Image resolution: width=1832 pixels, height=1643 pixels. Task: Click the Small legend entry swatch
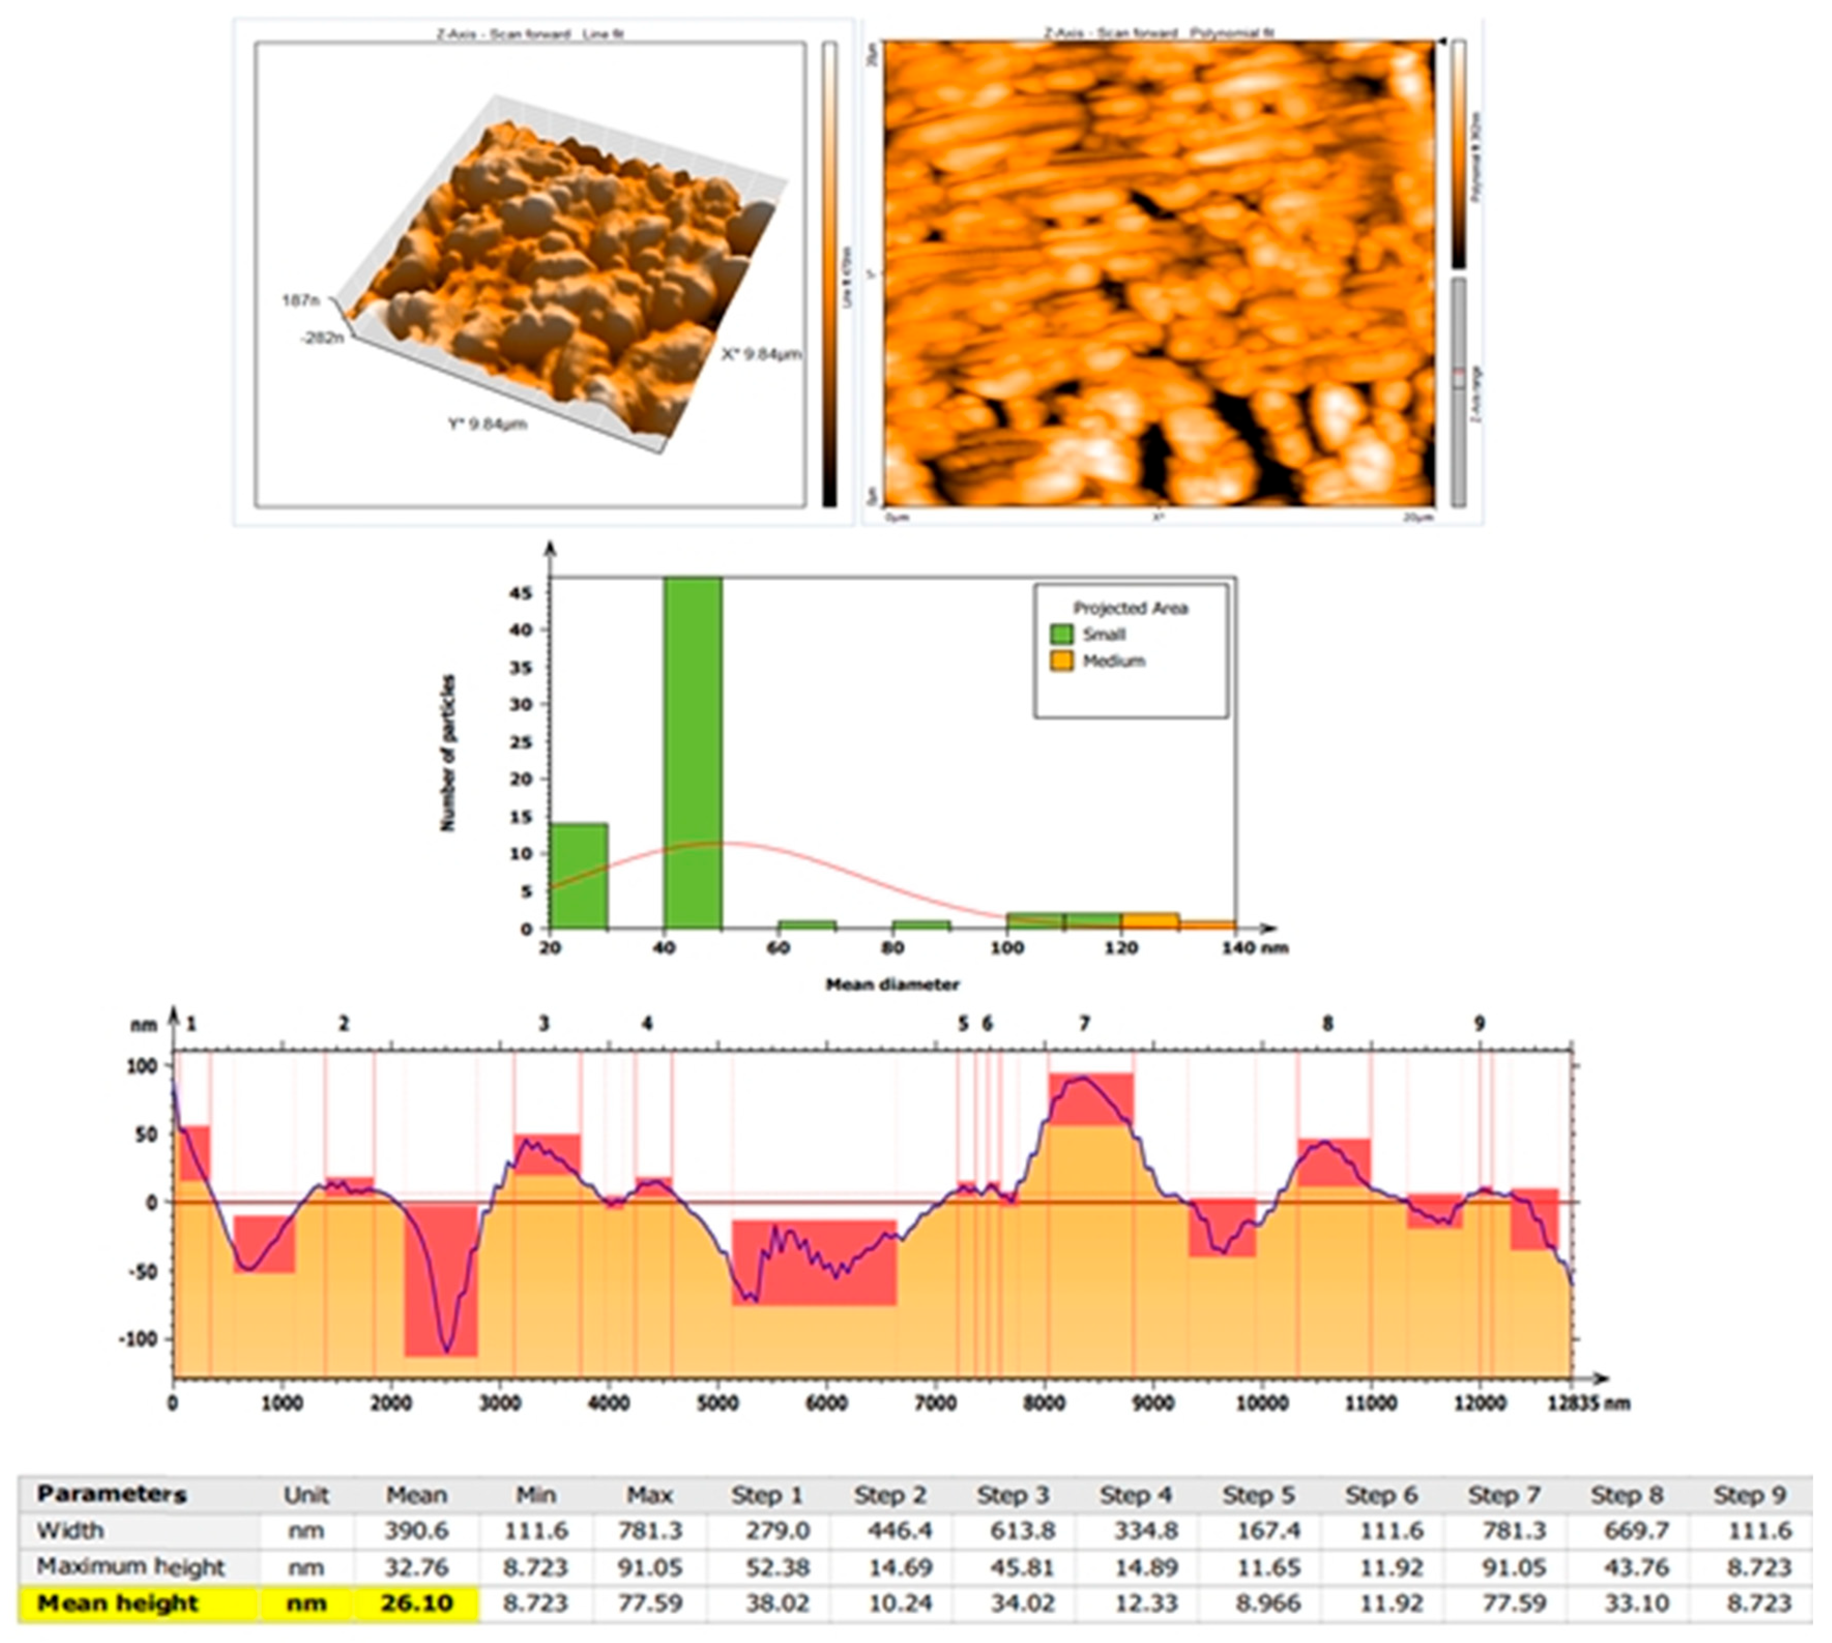point(1062,634)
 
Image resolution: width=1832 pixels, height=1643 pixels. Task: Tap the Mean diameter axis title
point(892,984)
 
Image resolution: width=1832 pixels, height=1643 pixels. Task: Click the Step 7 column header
point(1503,1495)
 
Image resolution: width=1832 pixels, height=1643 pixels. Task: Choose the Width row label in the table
point(70,1531)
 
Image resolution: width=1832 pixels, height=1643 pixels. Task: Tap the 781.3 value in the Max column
point(650,1531)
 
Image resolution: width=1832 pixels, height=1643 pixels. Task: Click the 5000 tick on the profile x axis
point(718,1404)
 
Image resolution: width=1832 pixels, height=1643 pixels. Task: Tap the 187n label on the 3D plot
point(301,300)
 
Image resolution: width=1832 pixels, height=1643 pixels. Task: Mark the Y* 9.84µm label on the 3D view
point(488,423)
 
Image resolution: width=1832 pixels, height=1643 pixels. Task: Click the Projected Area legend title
point(1131,608)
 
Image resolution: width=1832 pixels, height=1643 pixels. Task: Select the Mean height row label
point(118,1603)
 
